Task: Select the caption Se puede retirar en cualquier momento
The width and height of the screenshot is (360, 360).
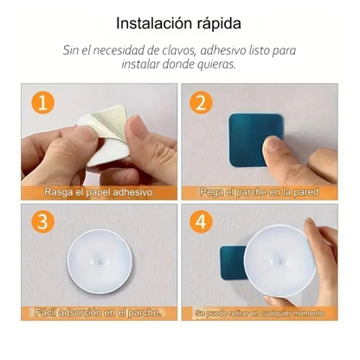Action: [263, 310]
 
